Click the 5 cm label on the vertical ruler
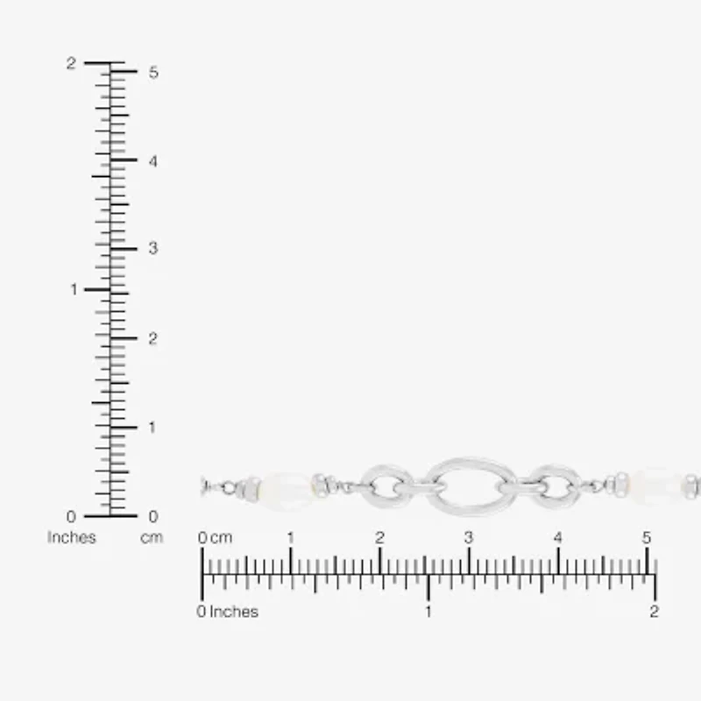click(153, 73)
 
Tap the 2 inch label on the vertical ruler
click(71, 63)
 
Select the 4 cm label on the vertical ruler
click(153, 161)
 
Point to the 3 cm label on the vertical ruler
click(153, 248)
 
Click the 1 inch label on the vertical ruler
click(74, 290)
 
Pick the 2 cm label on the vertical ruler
click(152, 338)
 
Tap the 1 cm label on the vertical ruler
click(152, 428)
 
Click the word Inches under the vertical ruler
click(72, 537)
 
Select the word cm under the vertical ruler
click(152, 537)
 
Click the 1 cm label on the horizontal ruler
click(291, 537)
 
